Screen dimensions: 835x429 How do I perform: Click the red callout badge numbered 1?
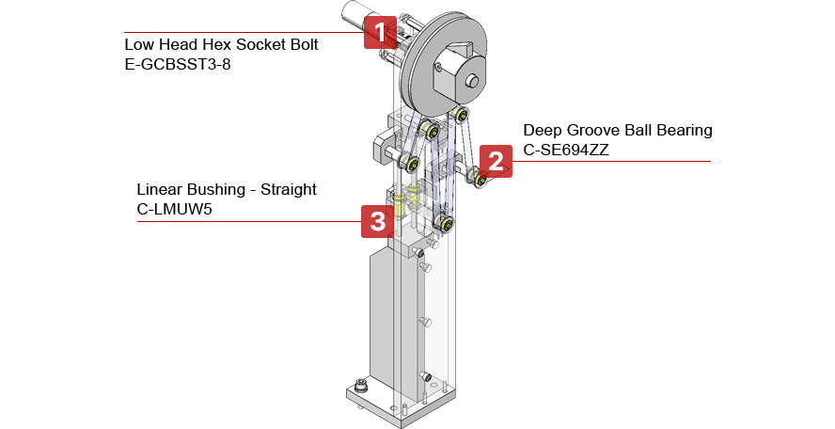pos(380,33)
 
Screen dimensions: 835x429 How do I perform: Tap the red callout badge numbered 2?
pos(496,161)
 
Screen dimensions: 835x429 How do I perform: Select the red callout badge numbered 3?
pos(378,221)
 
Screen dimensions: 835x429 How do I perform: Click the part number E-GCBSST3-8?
pos(178,65)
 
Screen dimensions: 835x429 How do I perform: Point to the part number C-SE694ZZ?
pos(565,151)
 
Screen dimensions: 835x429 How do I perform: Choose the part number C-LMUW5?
pos(175,209)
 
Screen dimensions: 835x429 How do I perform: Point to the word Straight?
pos(289,190)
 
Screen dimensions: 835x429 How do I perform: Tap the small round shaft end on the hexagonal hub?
pos(471,81)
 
